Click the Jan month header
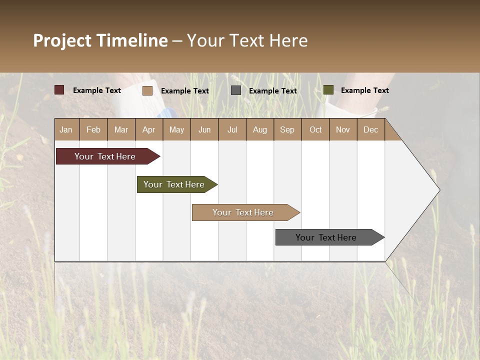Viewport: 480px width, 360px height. pyautogui.click(x=66, y=129)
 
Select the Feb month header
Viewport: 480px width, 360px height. pyautogui.click(x=93, y=129)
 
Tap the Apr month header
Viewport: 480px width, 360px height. pyautogui.click(x=149, y=129)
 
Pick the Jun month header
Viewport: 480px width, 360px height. pyautogui.click(x=204, y=129)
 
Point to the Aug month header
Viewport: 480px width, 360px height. pyautogui.click(x=260, y=129)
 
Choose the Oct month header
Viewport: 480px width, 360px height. pyautogui.click(x=315, y=129)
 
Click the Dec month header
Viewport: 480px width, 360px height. pyautogui.click(x=371, y=129)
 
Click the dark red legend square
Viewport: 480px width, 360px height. pyautogui.click(x=59, y=90)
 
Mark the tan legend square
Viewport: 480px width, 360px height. pyautogui.click(x=147, y=90)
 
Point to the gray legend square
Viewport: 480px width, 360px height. pyautogui.click(x=236, y=90)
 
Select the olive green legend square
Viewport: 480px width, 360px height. pyautogui.click(x=328, y=90)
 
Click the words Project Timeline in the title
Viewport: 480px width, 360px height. pyautogui.click(x=100, y=40)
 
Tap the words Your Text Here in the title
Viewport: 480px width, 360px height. pyautogui.click(x=247, y=40)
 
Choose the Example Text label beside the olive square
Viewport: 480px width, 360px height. pyautogui.click(x=365, y=90)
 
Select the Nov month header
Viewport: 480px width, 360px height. pyautogui.click(x=343, y=129)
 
